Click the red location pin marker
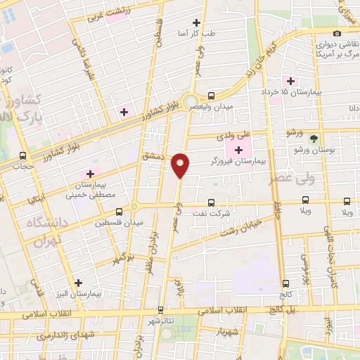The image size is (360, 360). coord(181,166)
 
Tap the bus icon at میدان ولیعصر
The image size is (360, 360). coord(212,96)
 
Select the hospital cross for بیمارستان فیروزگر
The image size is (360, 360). coord(238,150)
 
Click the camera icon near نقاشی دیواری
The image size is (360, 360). coord(337,34)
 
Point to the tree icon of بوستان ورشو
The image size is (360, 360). coord(314,139)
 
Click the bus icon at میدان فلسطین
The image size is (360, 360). coord(118,211)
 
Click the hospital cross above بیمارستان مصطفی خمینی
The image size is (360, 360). coord(89,174)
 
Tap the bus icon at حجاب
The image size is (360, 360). coord(23,156)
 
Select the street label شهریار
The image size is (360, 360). coord(229,330)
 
